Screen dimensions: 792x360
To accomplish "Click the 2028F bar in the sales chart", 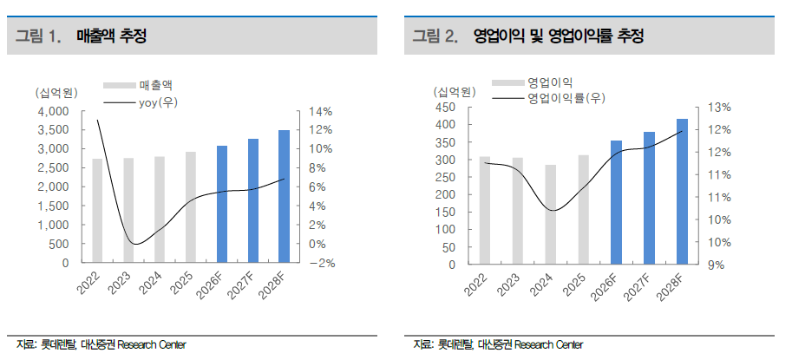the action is coord(285,196).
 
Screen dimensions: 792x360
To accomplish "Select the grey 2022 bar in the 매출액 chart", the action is coord(97,211).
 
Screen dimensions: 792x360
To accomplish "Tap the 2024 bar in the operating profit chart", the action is coord(551,214).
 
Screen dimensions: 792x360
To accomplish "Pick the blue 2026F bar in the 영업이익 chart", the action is coord(616,202).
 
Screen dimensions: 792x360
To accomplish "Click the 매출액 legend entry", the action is coord(138,85).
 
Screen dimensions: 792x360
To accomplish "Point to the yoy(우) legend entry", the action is coord(141,102).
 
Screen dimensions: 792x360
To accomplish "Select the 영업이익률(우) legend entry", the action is coord(548,98).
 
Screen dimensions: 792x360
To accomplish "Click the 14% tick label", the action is coord(321,111).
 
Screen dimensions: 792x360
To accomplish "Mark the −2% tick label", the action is coord(320,263).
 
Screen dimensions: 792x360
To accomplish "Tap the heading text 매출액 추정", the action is coord(112,36).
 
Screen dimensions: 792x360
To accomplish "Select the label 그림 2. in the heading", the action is coord(435,36).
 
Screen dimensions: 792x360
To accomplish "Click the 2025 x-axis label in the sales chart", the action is coord(183,284).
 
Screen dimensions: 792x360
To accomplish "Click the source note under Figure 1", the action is coord(101,345).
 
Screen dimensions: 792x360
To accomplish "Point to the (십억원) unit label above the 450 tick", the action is coord(454,92).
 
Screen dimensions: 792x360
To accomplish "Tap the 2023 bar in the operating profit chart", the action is coord(518,211).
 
